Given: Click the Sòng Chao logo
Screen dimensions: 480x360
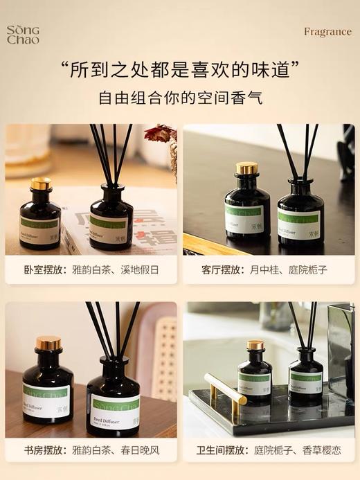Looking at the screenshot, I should [24, 35].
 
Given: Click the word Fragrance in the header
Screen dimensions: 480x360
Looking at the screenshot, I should [327, 32].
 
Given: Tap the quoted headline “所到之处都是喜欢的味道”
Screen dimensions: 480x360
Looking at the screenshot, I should [179, 69].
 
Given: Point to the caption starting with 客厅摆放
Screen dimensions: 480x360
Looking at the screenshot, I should [268, 269].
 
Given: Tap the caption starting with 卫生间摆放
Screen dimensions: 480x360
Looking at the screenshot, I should [268, 450].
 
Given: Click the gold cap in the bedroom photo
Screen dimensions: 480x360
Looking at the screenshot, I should [41, 184].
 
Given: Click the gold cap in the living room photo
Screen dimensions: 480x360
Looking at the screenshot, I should [246, 168].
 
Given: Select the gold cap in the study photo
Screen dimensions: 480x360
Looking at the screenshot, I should [48, 344].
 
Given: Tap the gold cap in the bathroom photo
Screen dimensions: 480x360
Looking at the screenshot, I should [255, 345].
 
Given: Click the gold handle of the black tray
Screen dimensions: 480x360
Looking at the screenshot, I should [225, 389].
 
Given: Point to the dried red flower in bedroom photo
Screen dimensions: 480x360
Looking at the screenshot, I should [160, 134].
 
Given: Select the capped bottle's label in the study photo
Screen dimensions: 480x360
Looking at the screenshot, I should [46, 398].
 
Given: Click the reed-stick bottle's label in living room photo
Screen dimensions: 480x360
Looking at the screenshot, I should [299, 223].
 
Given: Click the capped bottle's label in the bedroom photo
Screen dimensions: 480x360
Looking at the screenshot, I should [39, 229].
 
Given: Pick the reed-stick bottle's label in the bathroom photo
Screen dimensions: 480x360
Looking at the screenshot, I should [305, 384].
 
